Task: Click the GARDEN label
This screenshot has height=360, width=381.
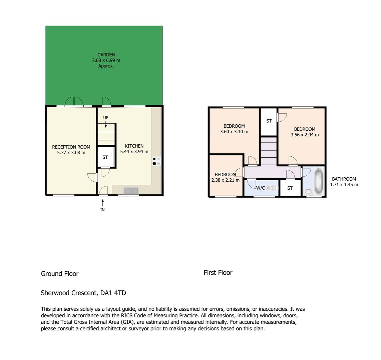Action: tap(106, 55)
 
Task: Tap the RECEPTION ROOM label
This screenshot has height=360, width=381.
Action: tap(71, 147)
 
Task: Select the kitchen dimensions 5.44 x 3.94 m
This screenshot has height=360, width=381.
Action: tap(134, 151)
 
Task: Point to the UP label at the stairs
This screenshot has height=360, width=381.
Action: tap(106, 117)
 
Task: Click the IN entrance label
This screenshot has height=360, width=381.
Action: tap(102, 210)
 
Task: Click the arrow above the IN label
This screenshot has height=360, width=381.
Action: tap(103, 203)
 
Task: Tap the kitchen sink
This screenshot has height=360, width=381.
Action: tap(131, 190)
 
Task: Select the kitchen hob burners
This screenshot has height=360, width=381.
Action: tap(156, 161)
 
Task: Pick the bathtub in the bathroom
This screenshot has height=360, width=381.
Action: tap(318, 181)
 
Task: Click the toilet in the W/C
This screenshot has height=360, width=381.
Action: tap(272, 188)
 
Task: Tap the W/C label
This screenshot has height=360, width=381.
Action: tap(261, 188)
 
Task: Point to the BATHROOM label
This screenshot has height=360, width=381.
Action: tap(344, 179)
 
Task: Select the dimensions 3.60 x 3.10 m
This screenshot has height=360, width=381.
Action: tap(234, 132)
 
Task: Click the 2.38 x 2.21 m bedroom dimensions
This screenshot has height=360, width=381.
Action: tap(226, 180)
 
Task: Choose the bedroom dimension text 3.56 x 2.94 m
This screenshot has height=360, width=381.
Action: tap(305, 135)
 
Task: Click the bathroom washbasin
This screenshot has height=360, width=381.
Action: tap(308, 192)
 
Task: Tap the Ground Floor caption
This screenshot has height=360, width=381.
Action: tap(60, 274)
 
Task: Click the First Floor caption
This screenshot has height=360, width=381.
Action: tap(218, 273)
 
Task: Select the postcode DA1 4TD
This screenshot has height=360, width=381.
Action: tap(113, 293)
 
